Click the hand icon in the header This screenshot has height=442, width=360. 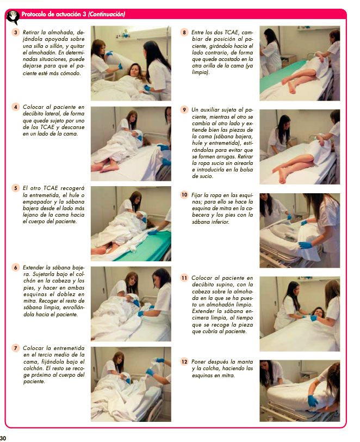click(x=13, y=17)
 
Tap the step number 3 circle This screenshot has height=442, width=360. click(x=15, y=33)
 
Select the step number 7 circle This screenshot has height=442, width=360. click(x=15, y=348)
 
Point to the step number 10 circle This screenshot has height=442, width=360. click(x=184, y=195)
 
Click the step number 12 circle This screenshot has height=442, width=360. click(x=184, y=361)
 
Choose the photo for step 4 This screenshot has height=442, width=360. click(x=131, y=144)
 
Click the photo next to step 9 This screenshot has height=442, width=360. click(x=300, y=147)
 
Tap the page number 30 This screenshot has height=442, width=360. click(x=3, y=438)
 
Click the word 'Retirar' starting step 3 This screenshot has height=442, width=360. click(x=31, y=33)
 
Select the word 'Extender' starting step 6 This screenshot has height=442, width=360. click(x=33, y=267)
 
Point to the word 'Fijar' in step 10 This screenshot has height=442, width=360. click(x=197, y=195)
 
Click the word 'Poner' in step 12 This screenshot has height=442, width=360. click(x=198, y=361)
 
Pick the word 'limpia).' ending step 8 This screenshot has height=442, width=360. click(x=201, y=72)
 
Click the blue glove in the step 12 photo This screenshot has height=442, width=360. click(x=312, y=401)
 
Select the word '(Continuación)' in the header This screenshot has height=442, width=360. click(x=107, y=14)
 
